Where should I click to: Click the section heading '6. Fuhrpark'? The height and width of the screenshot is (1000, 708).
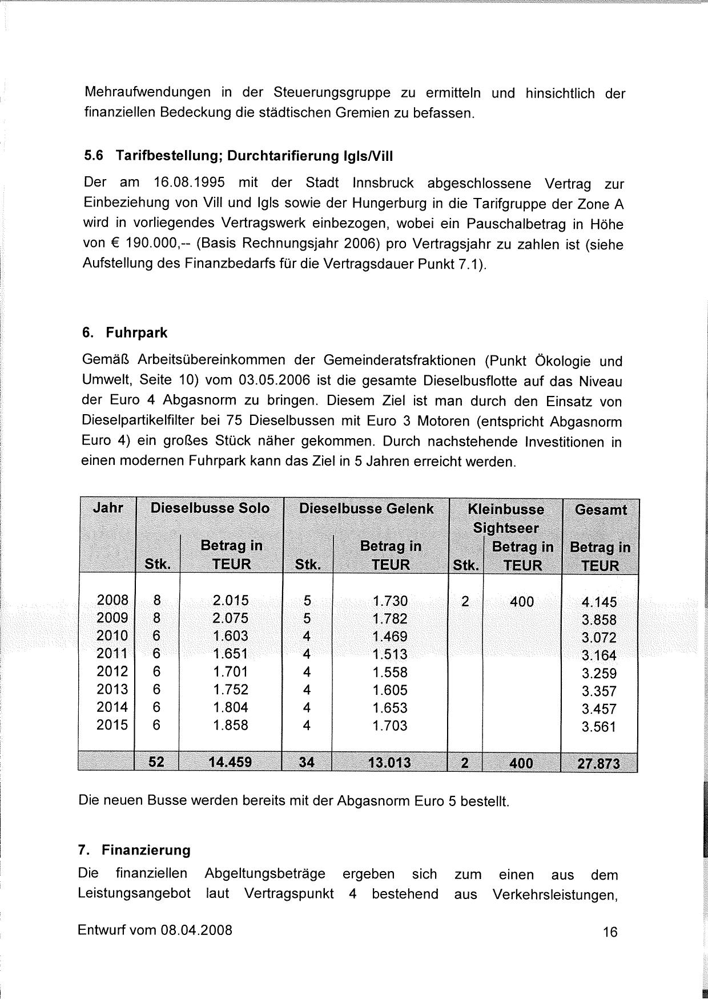[125, 333]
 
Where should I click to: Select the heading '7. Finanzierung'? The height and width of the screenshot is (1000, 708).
[134, 850]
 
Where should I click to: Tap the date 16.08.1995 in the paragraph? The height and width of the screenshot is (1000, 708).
[189, 183]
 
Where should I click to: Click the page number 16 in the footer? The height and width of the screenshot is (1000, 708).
[610, 932]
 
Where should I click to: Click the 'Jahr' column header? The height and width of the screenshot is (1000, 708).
[108, 507]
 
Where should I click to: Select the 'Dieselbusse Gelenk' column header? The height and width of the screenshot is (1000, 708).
[367, 508]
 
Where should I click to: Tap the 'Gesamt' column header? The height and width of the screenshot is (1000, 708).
[601, 509]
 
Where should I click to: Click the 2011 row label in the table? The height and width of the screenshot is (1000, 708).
[112, 653]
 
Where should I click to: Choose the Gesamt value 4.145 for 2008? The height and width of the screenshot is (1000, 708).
[600, 602]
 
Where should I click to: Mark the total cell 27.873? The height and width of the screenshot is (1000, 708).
[600, 763]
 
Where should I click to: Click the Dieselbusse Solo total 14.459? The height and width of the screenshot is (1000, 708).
[231, 762]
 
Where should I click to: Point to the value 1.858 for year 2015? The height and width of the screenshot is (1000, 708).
[231, 725]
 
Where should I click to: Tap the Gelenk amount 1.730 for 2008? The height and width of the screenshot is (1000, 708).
[391, 601]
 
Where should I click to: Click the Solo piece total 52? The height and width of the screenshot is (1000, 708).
[156, 762]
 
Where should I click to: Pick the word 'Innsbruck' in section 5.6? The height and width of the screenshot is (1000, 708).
[383, 183]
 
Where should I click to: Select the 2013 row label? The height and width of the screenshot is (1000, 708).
[112, 689]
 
